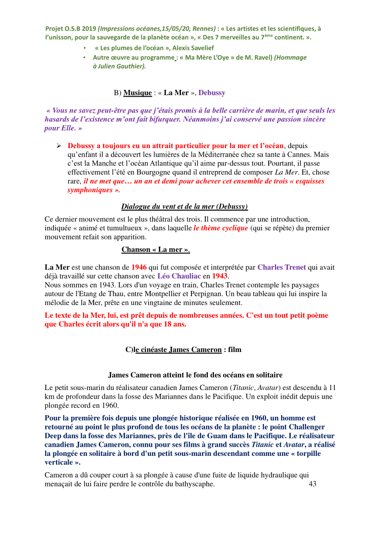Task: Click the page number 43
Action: [312, 484]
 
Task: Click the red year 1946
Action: [139, 267]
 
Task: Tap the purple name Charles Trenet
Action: [282, 267]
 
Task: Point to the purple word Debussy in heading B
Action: [212, 92]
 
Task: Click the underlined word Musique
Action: [137, 92]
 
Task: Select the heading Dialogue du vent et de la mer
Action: [184, 206]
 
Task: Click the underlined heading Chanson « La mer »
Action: [155, 249]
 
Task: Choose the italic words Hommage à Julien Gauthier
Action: [120, 66]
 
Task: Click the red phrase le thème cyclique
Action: [221, 228]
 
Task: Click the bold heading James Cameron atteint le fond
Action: [195, 375]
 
